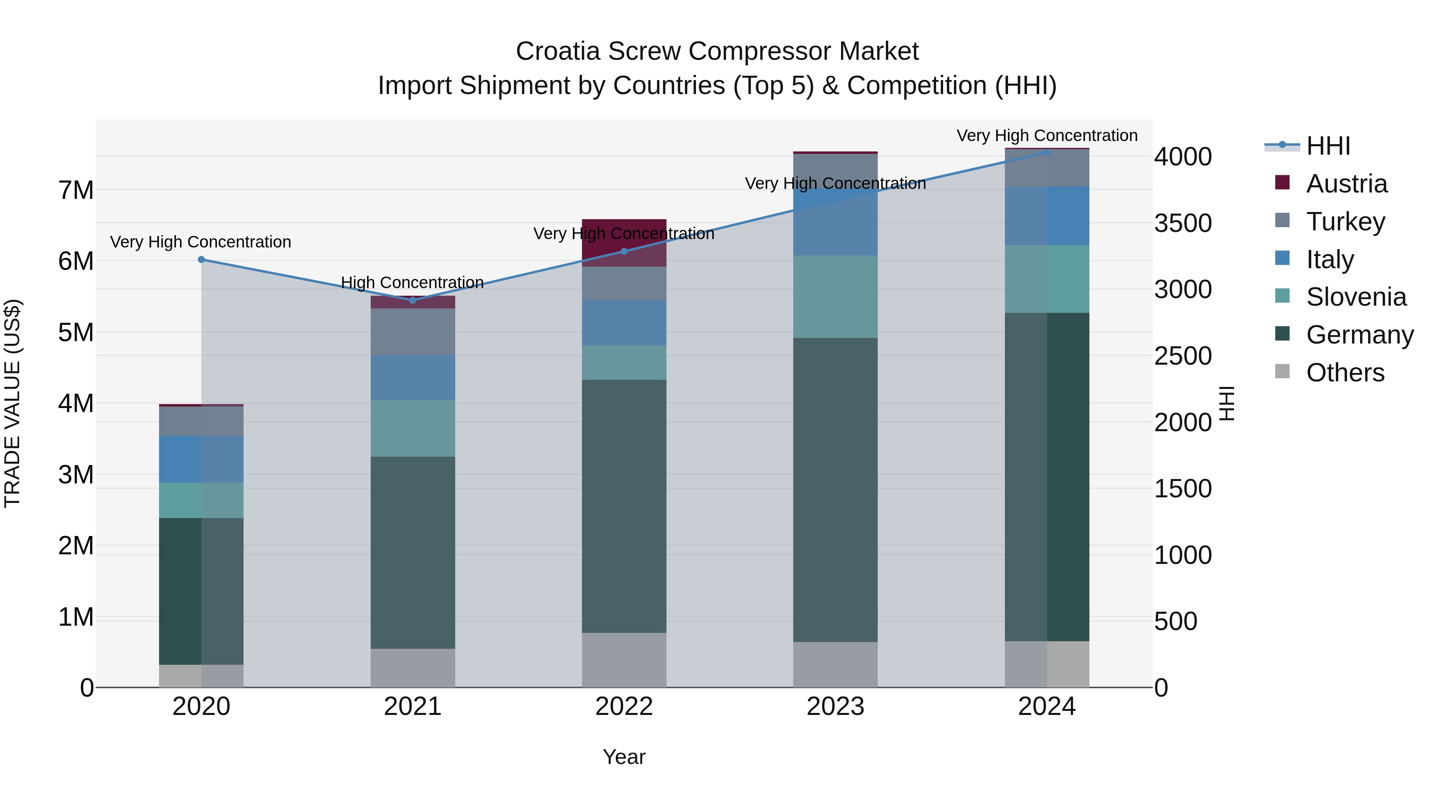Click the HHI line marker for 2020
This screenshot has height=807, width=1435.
[x=202, y=259]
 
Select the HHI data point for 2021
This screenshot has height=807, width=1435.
[x=413, y=300]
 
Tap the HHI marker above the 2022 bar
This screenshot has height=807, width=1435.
[x=624, y=251]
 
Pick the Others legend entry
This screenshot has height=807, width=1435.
[x=1345, y=373]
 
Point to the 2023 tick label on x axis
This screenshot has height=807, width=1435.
[x=835, y=707]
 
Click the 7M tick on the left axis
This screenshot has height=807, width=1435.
[x=76, y=190]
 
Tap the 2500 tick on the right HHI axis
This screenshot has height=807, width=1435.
[x=1182, y=356]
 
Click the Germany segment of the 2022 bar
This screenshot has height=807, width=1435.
[x=624, y=506]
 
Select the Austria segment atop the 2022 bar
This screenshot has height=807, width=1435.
[x=624, y=242]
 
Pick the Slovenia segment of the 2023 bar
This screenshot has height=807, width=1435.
[x=835, y=297]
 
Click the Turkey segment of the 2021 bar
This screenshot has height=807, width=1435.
[x=413, y=332]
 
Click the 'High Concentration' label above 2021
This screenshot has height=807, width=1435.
[x=412, y=283]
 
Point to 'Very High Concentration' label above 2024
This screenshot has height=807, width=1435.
[x=1047, y=135]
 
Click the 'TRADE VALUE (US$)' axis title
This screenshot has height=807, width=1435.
[x=12, y=403]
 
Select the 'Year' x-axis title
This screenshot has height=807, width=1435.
[x=624, y=757]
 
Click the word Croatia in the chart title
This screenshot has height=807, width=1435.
[x=558, y=51]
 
